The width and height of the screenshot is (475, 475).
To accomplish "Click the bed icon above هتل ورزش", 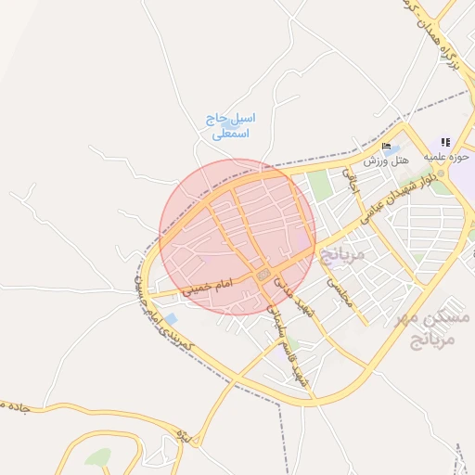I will (386, 147).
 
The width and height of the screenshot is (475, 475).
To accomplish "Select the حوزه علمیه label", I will (447, 157).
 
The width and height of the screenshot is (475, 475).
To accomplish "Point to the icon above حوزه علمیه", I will (446, 142).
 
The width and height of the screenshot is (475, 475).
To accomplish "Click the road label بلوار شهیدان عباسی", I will (380, 200).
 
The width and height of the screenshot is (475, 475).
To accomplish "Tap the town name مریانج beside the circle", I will (342, 253).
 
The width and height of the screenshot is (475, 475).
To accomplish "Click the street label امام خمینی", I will (206, 289).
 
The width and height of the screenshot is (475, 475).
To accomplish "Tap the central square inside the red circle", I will (264, 276).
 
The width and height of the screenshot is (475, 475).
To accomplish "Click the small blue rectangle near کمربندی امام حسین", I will (171, 319).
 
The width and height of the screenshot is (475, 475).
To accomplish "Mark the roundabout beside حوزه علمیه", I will (441, 173).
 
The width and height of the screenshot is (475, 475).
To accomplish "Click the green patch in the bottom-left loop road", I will (97, 456).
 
